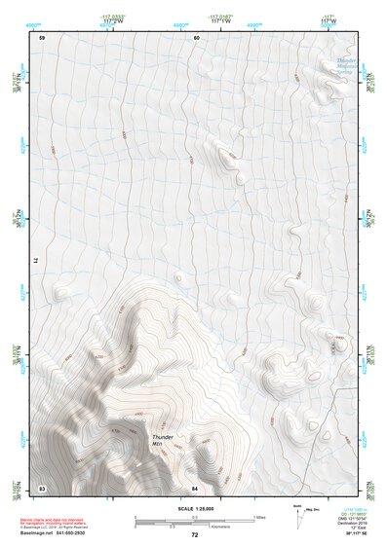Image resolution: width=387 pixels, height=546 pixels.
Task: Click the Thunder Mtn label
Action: pos(163,441)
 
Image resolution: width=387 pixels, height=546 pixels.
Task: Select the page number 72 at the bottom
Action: pos(194,535)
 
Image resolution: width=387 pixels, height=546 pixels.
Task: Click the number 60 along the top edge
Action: pos(196,37)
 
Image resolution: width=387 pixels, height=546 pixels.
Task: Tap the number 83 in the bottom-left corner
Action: pos(42,485)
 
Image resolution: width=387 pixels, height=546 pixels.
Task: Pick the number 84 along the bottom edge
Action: pos(195,485)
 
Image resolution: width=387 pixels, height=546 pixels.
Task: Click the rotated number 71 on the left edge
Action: pos(41,261)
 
